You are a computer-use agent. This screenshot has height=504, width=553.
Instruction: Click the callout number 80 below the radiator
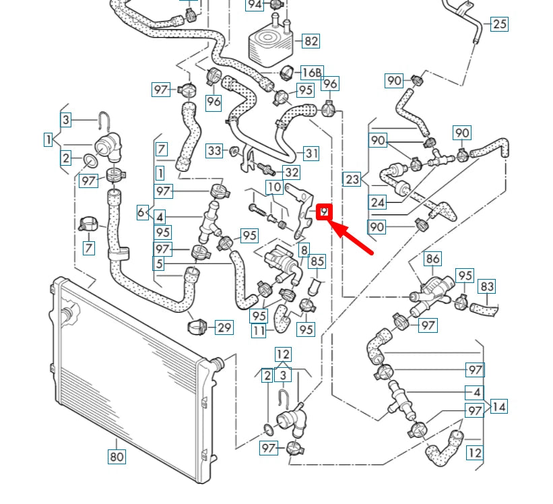[117, 457]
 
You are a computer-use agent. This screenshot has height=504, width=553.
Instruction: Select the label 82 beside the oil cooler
[311, 41]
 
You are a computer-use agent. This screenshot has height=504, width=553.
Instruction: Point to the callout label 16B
[312, 72]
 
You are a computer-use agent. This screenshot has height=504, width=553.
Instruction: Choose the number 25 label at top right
[499, 24]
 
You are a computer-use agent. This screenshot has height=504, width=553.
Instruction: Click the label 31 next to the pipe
[311, 153]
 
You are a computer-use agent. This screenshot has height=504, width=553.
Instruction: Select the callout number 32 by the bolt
[291, 172]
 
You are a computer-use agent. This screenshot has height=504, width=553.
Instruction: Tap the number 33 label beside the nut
[214, 150]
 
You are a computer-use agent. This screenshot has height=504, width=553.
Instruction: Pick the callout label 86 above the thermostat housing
[432, 258]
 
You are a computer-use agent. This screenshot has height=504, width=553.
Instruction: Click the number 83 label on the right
[487, 286]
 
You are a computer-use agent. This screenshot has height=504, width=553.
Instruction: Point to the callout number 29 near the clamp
[224, 328]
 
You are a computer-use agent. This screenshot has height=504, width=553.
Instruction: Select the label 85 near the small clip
[317, 261]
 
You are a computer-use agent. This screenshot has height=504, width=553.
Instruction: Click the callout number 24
[377, 201]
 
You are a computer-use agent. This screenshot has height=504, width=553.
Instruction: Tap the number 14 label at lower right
[499, 406]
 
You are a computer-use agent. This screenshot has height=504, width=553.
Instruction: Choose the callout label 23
[352, 180]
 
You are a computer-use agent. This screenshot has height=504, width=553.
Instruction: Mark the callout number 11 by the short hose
[259, 331]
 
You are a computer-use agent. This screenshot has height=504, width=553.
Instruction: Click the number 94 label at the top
[255, 5]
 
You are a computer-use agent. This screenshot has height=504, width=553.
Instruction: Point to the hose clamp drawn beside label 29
[196, 327]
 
